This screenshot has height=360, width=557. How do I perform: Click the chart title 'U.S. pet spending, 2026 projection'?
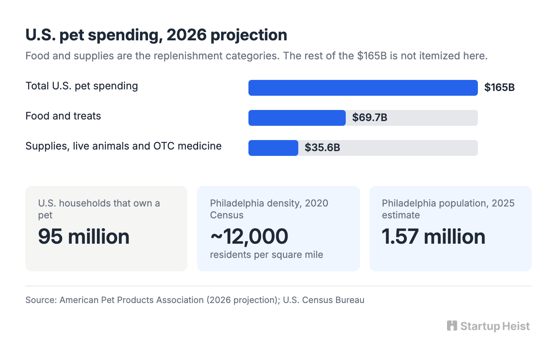pos(156,35)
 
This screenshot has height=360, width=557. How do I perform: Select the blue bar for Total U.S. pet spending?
pos(363,88)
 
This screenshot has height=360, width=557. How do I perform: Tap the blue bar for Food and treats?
pos(297,118)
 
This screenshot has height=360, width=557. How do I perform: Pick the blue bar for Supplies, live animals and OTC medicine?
pos(273,148)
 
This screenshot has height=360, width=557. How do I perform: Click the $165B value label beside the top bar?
pos(499,87)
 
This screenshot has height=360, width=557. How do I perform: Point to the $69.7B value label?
pos(369,117)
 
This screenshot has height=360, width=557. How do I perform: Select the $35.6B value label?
pos(322,148)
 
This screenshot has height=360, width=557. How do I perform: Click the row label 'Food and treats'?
pos(63,116)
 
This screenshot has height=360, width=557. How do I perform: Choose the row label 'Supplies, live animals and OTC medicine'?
pos(123,146)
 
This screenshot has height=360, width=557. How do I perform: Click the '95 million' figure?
pos(83,237)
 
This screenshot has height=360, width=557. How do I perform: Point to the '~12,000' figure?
pos(249,237)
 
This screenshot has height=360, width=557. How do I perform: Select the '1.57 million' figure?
pos(434,237)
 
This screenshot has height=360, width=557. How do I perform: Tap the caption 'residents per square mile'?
pos(267,255)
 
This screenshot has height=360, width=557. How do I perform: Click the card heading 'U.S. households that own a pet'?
pos(99,209)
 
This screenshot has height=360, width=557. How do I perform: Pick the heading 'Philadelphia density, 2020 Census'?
pos(269,209)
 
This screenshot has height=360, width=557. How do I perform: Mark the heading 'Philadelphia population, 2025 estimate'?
pos(448,209)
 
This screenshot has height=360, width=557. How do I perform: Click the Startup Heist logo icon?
pos(452,326)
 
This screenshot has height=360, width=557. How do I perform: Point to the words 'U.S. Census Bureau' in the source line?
pos(324,300)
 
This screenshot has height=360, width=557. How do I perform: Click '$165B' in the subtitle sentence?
pos(372,56)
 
